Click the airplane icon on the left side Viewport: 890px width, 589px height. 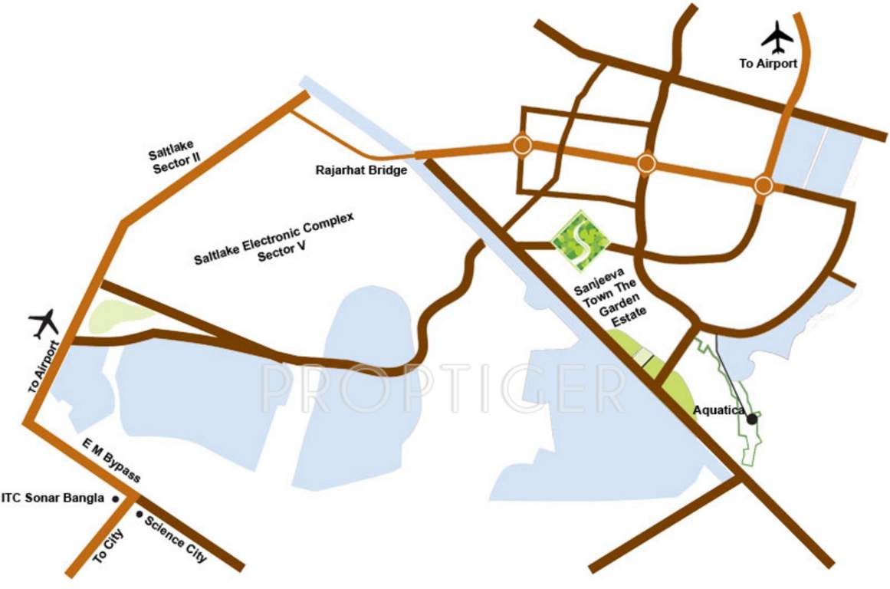tap(45, 324)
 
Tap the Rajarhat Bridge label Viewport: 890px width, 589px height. tap(361, 170)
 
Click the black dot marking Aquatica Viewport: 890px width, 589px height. tap(753, 419)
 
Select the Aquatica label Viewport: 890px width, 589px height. tap(718, 410)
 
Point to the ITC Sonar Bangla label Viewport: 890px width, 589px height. tap(53, 499)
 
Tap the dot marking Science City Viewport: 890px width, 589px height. tap(139, 514)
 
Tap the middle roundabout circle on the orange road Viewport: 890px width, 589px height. tap(646, 163)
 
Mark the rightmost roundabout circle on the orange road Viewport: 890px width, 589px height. tap(763, 185)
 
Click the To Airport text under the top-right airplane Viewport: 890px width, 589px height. tap(768, 64)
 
